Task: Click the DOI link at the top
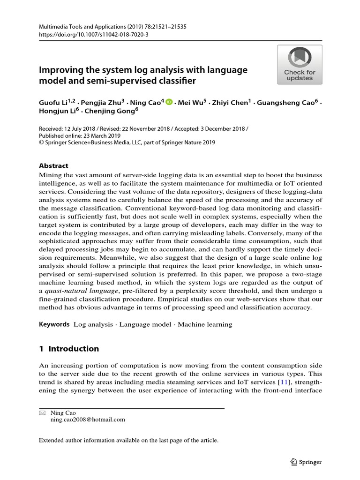pos(87,35)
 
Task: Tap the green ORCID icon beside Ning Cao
pos(169,102)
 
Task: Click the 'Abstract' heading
pos(53,165)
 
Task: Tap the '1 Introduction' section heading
pos(68,348)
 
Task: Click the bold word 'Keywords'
pos(54,324)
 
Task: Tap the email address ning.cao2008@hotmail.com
pos(88,420)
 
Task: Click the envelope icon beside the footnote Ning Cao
pos(42,413)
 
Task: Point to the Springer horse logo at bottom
pos(293,462)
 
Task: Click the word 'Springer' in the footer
pos(311,462)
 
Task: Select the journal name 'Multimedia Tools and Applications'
pos(77,27)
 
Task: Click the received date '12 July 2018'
pos(79,128)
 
